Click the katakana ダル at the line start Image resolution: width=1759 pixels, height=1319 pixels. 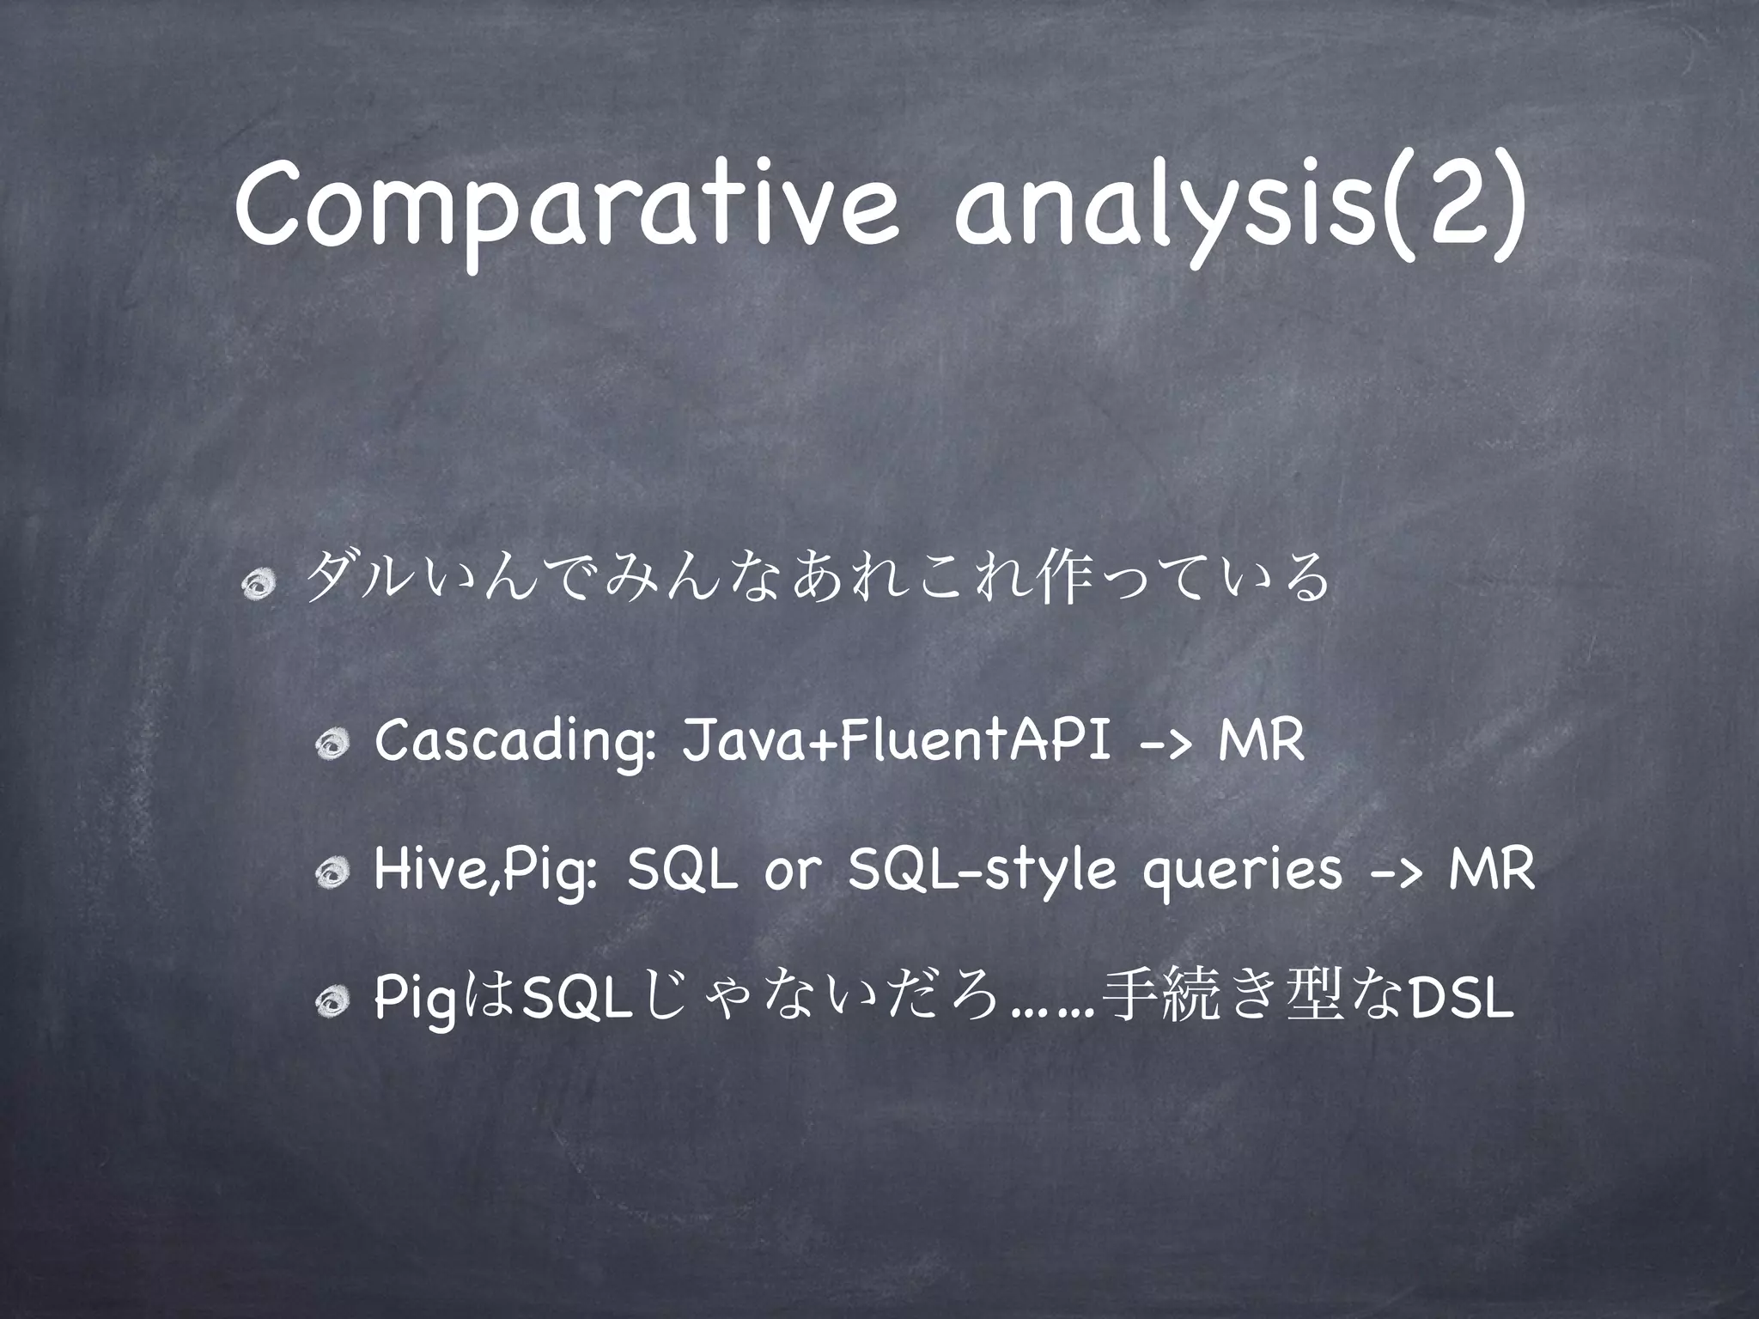[x=356, y=580]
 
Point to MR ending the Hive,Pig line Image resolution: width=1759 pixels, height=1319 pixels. [x=1490, y=870]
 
